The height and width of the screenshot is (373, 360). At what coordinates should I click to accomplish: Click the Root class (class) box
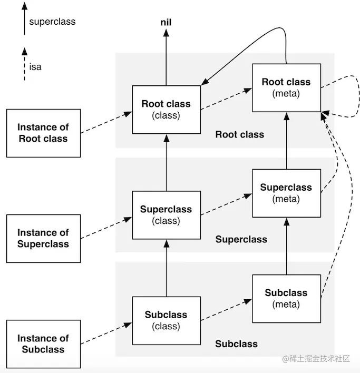[166, 109]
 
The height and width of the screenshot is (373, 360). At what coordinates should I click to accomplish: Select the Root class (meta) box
[286, 87]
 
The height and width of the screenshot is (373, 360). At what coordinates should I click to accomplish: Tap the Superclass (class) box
[166, 214]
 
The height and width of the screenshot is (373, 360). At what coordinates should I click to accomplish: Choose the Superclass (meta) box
[286, 193]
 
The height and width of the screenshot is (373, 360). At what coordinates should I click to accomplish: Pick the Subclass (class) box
[166, 320]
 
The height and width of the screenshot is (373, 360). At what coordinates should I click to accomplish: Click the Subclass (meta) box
[286, 298]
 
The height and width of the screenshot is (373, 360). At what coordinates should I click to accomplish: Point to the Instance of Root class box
[43, 133]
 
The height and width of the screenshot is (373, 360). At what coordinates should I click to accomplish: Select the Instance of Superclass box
[43, 238]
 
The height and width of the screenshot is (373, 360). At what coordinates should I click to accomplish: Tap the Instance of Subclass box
[43, 343]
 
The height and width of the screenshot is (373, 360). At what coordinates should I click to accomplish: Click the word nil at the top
[166, 22]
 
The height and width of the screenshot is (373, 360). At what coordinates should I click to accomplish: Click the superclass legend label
[52, 22]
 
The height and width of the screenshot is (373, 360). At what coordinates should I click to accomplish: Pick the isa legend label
[35, 67]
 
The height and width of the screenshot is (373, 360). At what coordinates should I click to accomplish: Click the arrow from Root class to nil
[166, 58]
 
